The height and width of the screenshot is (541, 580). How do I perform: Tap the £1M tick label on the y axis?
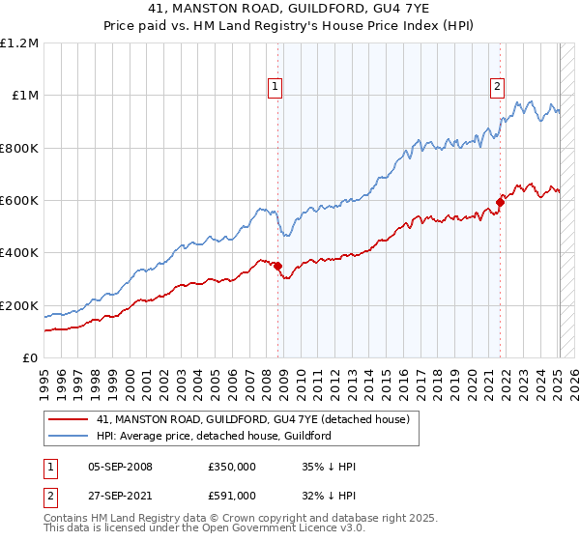tap(24, 96)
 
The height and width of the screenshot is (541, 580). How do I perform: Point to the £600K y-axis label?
tap(19, 201)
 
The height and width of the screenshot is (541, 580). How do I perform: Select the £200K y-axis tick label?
tap(19, 305)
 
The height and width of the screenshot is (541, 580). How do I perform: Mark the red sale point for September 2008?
tap(277, 266)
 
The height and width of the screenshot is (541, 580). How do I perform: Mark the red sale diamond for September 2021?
tap(500, 202)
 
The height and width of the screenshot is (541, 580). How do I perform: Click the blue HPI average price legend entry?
tap(213, 436)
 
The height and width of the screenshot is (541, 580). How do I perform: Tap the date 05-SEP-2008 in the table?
tap(120, 468)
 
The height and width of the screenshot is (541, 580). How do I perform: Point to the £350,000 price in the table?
tap(231, 468)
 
